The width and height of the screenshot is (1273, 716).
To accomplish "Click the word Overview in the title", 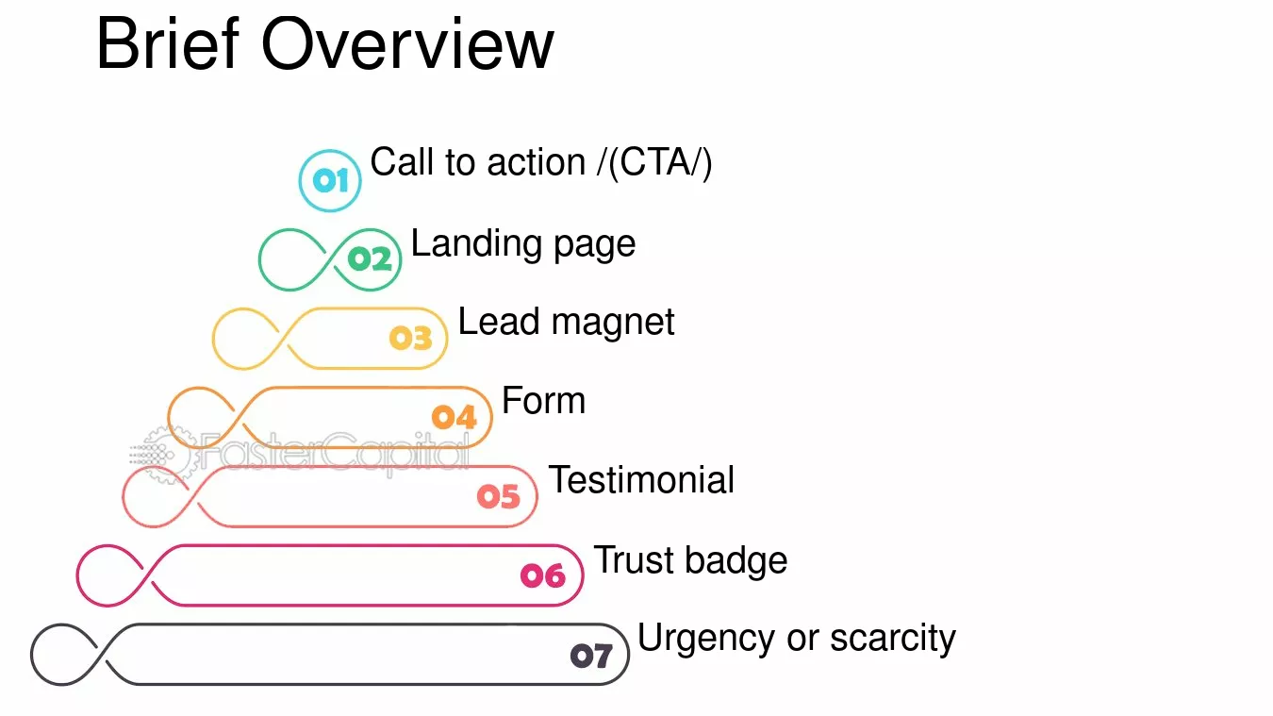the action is [x=407, y=43].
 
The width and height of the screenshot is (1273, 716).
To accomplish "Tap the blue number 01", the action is [x=330, y=181].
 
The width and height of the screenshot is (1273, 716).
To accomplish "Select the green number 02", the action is [x=370, y=259].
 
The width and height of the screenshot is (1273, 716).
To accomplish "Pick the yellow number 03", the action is [x=411, y=338].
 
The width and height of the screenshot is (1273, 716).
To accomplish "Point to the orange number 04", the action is [x=455, y=417].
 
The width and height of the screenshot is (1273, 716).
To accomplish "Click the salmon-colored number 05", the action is [x=499, y=496].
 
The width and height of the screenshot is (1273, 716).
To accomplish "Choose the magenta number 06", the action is [x=543, y=575].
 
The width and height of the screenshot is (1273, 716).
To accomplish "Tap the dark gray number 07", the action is [x=591, y=655].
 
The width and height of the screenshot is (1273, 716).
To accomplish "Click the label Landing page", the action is [x=522, y=244].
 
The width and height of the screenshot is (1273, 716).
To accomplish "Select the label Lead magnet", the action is [x=566, y=322].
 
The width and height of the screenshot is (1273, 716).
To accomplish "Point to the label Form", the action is [x=543, y=400].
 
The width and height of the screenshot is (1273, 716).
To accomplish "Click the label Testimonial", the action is [x=641, y=479].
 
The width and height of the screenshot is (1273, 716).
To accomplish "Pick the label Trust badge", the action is [x=690, y=560].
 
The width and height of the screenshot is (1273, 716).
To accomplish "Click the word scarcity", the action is [x=893, y=638].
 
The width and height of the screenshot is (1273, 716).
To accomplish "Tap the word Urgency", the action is [x=706, y=638].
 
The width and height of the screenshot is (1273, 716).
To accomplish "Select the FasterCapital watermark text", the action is [x=336, y=453].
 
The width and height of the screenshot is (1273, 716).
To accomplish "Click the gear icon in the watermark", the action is [x=166, y=455].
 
